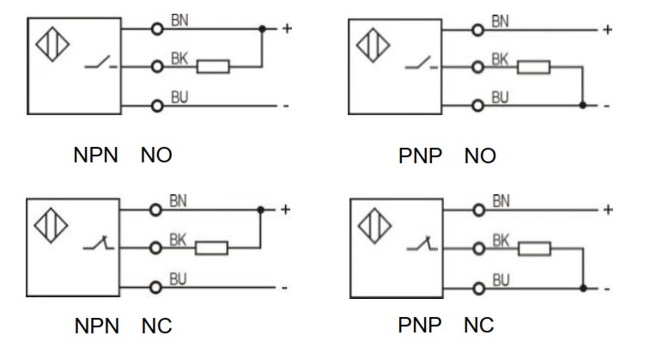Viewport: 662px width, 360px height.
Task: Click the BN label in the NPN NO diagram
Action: click(179, 21)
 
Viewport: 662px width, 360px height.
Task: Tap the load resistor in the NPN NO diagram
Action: click(213, 66)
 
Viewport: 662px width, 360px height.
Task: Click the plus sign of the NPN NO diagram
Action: click(287, 28)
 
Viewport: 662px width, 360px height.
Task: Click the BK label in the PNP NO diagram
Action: click(500, 58)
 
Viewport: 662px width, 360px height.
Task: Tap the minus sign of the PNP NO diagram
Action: click(606, 106)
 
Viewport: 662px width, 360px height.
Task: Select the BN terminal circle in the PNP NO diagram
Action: click(477, 29)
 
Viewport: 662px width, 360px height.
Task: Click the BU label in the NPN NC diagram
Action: click(179, 278)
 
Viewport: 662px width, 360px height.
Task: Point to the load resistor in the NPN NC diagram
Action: click(211, 248)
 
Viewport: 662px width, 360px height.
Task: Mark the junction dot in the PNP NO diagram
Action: click(582, 106)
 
